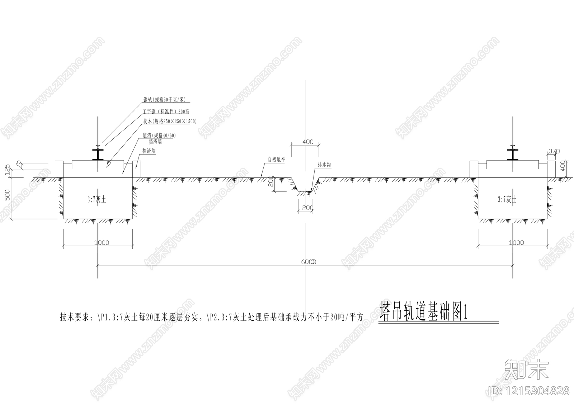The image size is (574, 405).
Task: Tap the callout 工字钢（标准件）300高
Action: [166, 112]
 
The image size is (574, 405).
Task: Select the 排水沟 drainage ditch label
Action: [324, 165]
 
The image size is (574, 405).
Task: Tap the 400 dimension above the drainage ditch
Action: [308, 142]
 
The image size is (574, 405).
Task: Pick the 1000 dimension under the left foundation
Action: [102, 243]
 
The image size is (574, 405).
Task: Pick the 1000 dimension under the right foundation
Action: [516, 243]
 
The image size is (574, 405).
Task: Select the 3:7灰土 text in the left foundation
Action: [97, 200]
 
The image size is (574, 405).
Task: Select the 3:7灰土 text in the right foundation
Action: [507, 200]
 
